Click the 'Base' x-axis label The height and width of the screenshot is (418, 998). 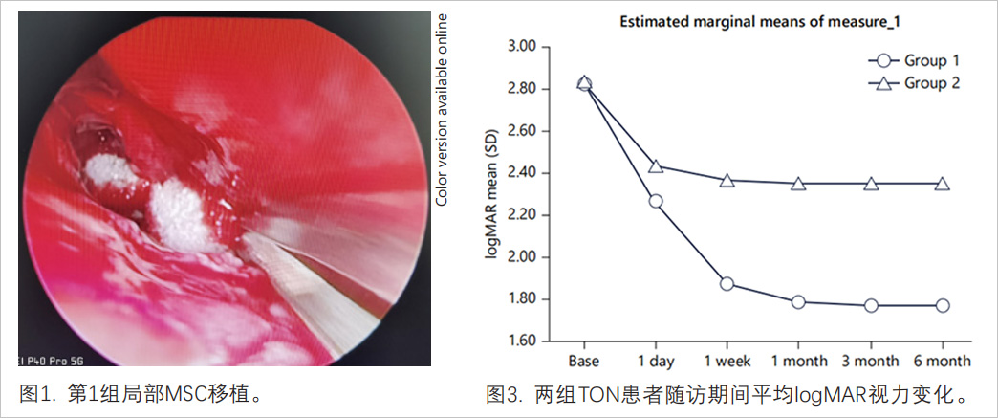pyautogui.click(x=584, y=362)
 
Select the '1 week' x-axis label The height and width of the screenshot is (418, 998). pyautogui.click(x=727, y=362)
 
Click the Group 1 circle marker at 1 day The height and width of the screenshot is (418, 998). pyautogui.click(x=656, y=201)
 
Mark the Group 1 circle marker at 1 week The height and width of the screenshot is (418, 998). pyautogui.click(x=727, y=284)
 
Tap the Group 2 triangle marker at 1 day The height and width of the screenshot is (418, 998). pyautogui.click(x=656, y=166)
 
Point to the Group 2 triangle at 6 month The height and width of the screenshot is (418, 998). pyautogui.click(x=942, y=184)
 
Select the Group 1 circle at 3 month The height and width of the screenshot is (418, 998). pyautogui.click(x=870, y=305)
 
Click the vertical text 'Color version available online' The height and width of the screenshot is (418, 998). pyautogui.click(x=442, y=111)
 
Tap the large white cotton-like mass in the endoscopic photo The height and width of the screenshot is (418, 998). pyautogui.click(x=176, y=213)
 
